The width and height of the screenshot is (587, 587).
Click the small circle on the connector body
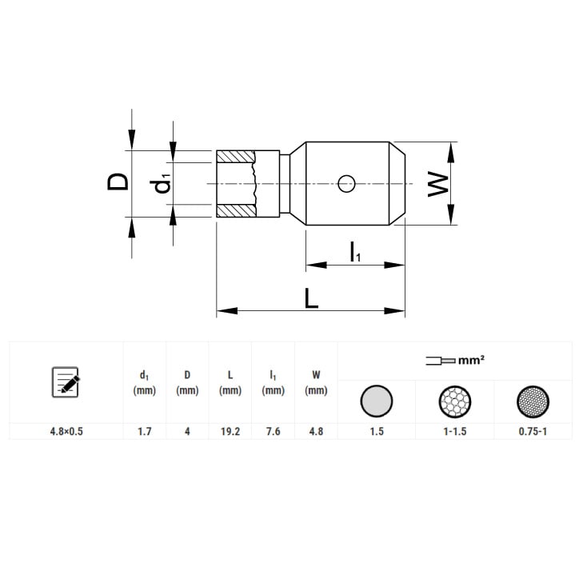(x=346, y=183)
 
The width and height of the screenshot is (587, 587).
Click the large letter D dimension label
(x=118, y=182)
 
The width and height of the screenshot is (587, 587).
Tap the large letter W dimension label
(x=438, y=184)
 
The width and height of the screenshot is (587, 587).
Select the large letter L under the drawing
(x=311, y=298)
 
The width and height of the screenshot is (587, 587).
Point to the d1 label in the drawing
(x=161, y=184)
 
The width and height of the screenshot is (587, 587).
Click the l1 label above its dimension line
(x=355, y=252)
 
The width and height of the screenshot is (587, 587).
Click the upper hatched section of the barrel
(x=235, y=157)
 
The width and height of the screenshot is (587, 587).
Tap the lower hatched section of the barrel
(x=236, y=211)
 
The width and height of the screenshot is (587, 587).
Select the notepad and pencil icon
(x=66, y=381)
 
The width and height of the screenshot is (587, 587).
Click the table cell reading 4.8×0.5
(x=66, y=432)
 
